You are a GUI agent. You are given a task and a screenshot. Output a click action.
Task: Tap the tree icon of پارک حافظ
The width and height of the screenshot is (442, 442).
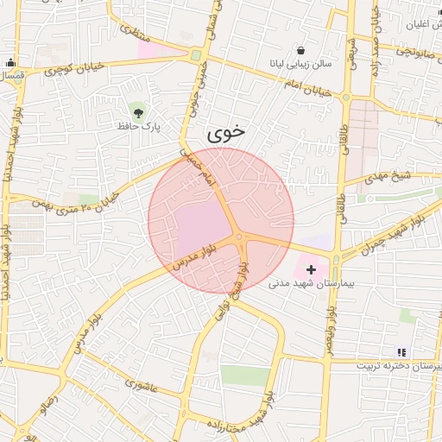coord(137,110)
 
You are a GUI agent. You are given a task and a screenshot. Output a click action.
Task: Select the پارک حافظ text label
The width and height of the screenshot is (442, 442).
coord(141,126)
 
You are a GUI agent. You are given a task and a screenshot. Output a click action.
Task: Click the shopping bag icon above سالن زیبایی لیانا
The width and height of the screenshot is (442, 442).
coord(300,50)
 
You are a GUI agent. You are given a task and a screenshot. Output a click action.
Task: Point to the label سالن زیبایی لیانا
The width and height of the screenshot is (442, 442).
coord(299,65)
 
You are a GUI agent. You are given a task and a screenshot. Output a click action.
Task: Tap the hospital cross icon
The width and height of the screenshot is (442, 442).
coord(311,270)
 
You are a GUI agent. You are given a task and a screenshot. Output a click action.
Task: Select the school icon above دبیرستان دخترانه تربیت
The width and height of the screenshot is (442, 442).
coord(401,352)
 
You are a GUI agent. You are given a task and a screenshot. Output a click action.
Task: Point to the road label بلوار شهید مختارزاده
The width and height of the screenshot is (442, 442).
coord(256,414)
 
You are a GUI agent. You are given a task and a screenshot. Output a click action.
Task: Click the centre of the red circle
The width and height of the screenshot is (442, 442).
coord(221,221)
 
